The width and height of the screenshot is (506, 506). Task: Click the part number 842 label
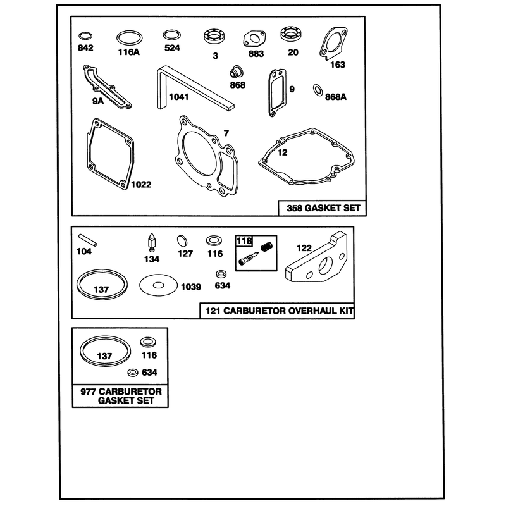85,48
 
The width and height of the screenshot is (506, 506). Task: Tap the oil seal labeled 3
214,36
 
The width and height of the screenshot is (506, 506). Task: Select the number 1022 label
141,184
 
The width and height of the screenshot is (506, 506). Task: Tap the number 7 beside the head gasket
226,133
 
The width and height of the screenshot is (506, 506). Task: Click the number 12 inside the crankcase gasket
282,152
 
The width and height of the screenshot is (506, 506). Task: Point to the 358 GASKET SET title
323,208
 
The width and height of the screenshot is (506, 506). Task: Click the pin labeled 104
87,240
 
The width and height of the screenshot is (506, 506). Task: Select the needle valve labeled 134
152,242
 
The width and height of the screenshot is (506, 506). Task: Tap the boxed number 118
244,241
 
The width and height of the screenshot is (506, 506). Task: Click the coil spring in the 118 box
266,247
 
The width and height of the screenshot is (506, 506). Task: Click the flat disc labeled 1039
159,285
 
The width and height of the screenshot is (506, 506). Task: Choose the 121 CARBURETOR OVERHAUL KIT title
280,311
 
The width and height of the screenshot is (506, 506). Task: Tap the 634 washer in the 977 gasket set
132,373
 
